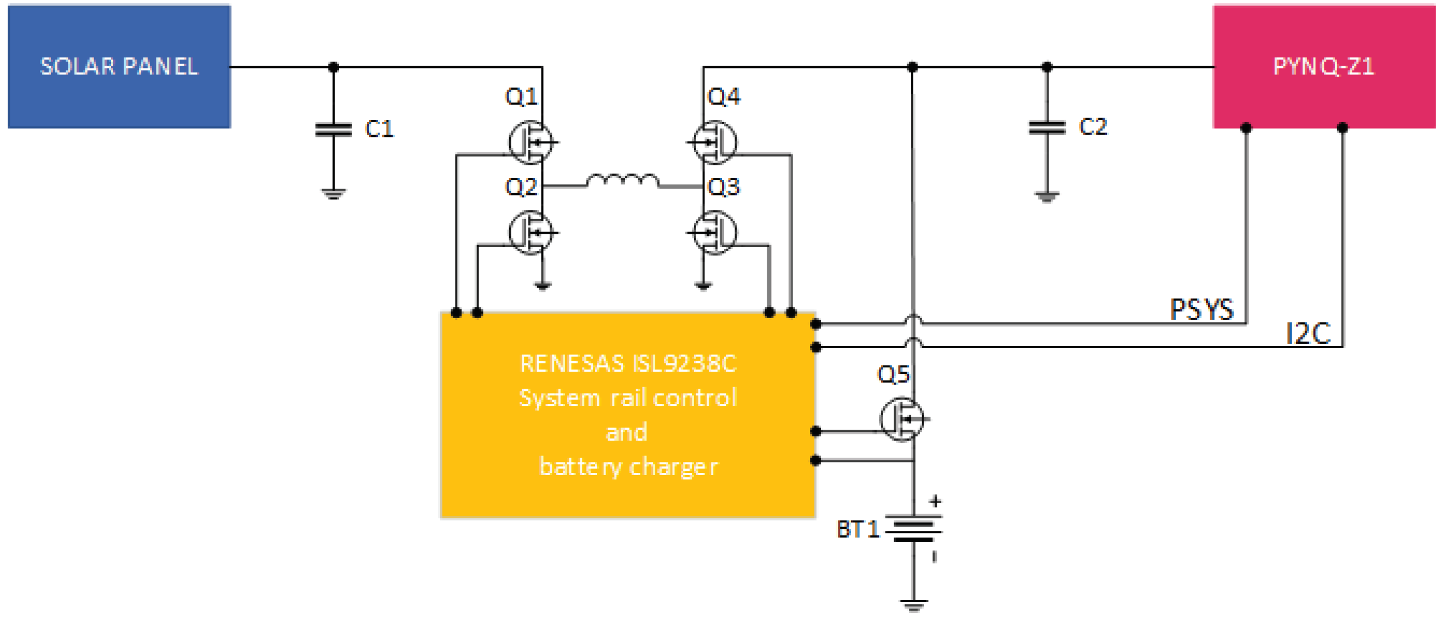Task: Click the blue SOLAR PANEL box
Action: tap(119, 66)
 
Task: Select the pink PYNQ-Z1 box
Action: tap(1323, 66)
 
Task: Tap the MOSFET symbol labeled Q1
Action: tap(530, 142)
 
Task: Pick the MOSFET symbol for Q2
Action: tap(530, 232)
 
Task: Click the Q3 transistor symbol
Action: tap(715, 232)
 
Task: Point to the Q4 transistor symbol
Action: tap(715, 142)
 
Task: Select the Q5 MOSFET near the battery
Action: tap(901, 419)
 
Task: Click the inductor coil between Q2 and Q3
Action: tap(622, 180)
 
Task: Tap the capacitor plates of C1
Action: tap(334, 130)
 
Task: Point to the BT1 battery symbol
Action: tap(913, 529)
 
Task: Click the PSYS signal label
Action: tap(1201, 310)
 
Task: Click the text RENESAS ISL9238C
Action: tap(628, 364)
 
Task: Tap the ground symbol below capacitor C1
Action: tap(334, 194)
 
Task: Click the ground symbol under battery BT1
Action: tap(913, 604)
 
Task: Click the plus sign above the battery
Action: tap(935, 501)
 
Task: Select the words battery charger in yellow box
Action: tap(628, 467)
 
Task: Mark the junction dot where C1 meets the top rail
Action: tap(334, 67)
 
